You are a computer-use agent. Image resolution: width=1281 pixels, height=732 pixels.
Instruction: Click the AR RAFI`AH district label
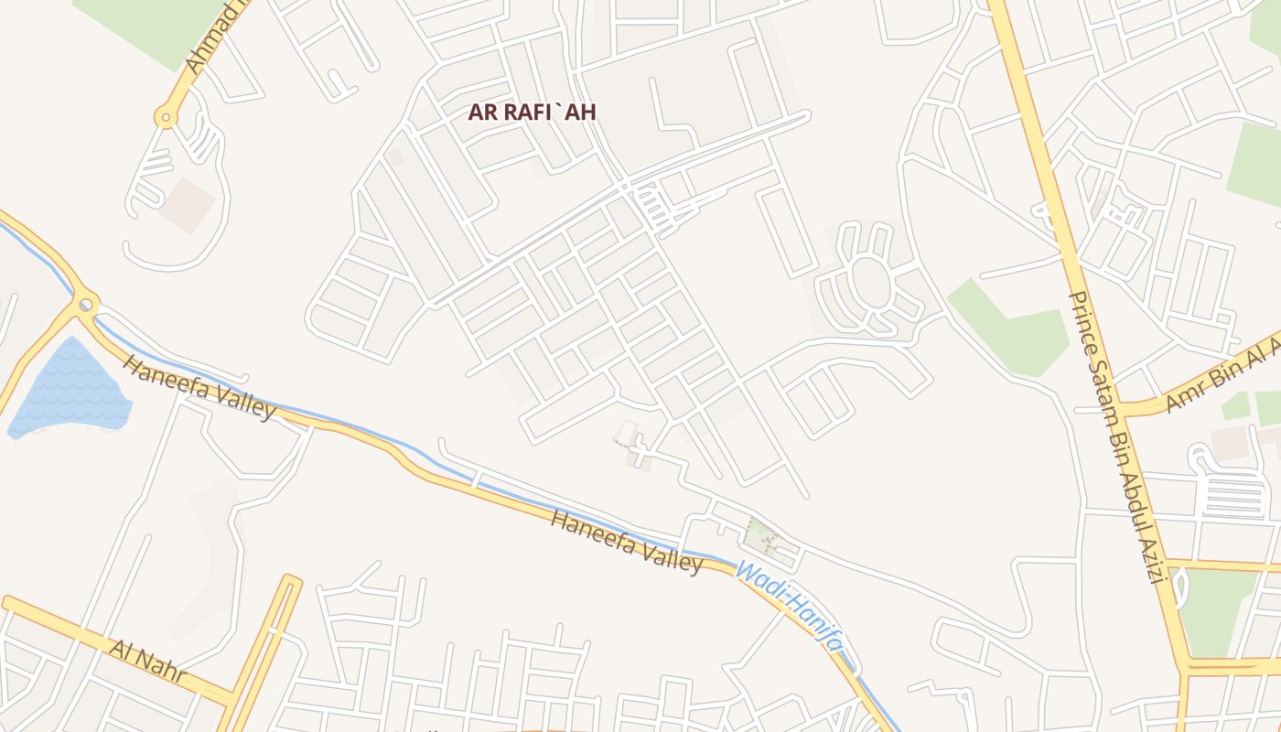pyautogui.click(x=532, y=113)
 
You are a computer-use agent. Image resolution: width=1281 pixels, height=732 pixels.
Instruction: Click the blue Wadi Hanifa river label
pyautogui.click(x=790, y=607)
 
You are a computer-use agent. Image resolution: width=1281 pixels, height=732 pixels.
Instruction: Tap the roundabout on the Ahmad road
pyautogui.click(x=166, y=116)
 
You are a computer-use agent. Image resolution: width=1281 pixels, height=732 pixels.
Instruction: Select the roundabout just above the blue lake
pyautogui.click(x=86, y=304)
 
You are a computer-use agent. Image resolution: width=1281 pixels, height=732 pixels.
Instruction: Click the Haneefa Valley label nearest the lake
pyautogui.click(x=199, y=388)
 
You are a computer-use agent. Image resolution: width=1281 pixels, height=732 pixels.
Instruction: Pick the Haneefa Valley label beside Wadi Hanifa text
pyautogui.click(x=627, y=543)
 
